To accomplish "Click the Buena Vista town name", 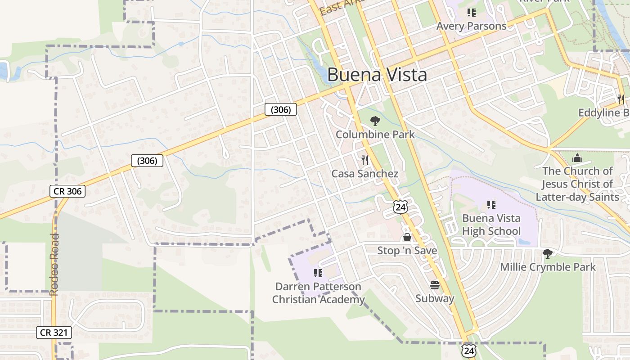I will point(377,75).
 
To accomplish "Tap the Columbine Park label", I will point(375,134).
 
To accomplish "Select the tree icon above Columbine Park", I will point(375,121).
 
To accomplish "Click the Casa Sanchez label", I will point(365,174).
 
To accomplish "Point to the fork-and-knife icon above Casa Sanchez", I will point(365,160).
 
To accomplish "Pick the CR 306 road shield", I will point(67,191).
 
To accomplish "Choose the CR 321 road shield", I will point(54,333).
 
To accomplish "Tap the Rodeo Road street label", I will point(54,265).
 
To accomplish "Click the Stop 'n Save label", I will point(407,251).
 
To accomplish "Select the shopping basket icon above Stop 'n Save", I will point(407,237).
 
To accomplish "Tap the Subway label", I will point(435,298).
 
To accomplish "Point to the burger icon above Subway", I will point(435,285).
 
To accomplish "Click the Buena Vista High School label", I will point(491,225).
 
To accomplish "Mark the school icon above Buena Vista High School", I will point(491,205).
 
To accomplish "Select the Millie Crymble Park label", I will point(548,267).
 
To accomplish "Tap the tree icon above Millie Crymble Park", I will point(548,254).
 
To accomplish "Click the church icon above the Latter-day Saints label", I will point(577,158).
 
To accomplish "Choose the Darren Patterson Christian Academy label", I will point(318,293).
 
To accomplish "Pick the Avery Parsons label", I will point(471,26).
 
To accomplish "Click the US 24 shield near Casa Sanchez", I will point(400,207).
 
